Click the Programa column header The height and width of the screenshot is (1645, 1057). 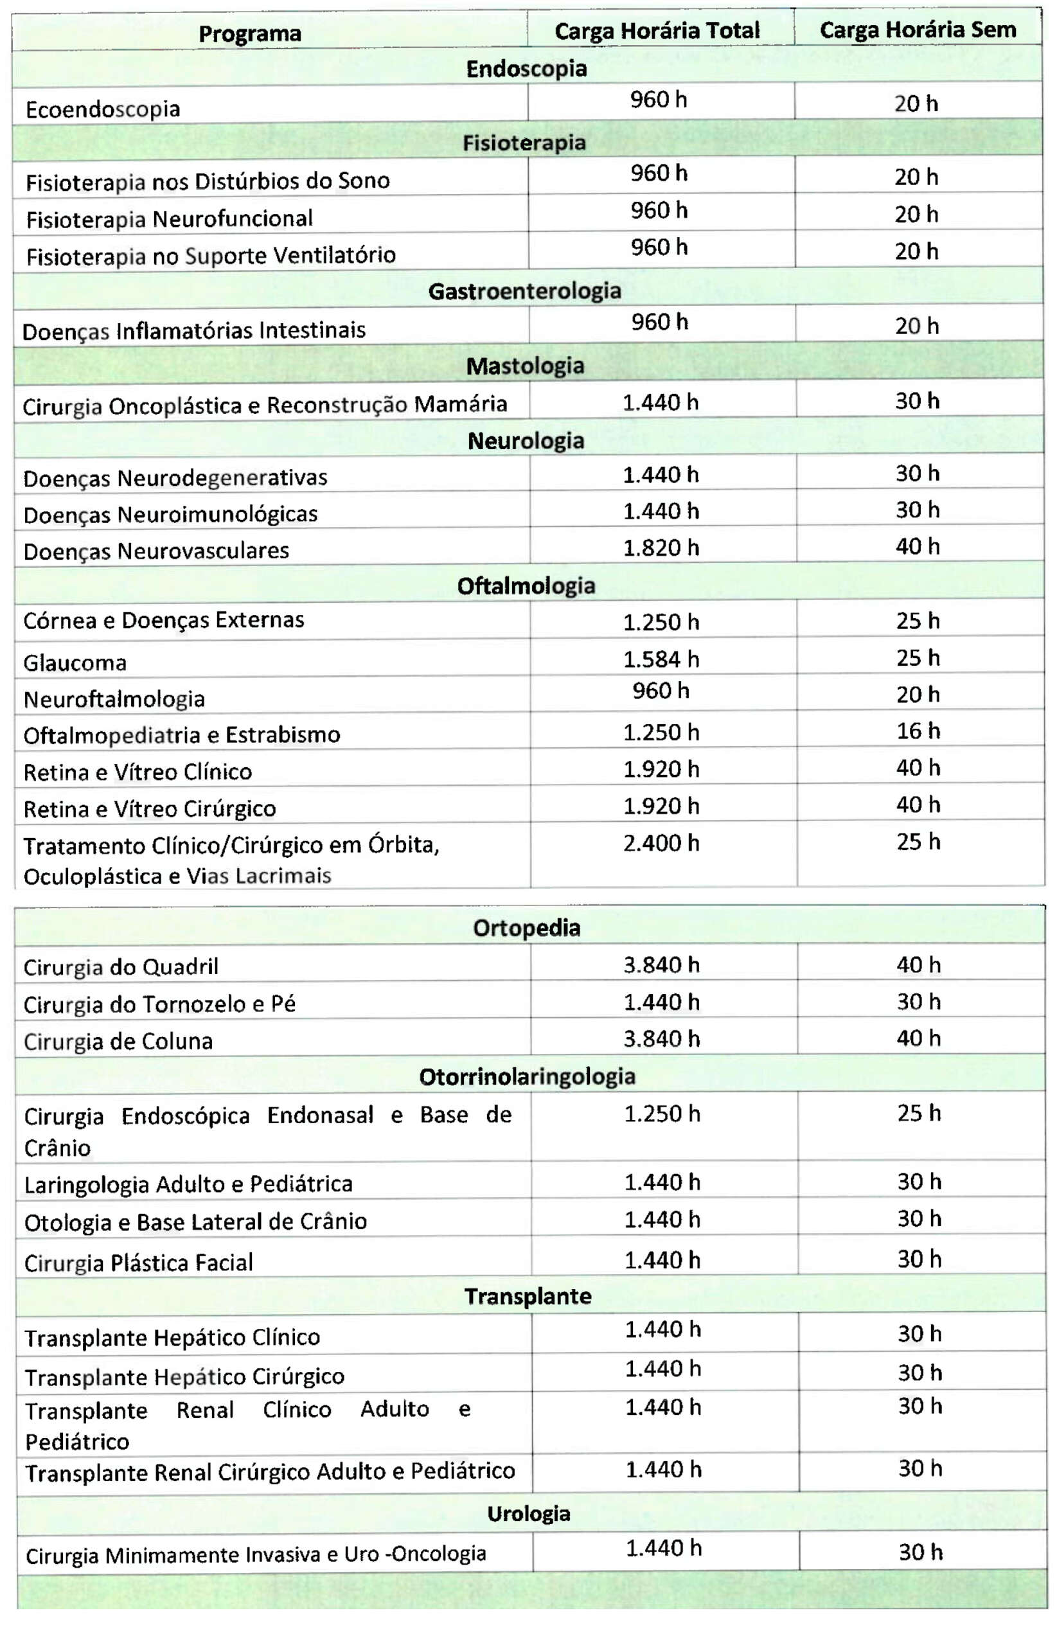pos(250,33)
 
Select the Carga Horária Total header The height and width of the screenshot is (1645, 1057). pos(657,31)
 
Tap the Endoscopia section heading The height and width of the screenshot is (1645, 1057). pos(526,69)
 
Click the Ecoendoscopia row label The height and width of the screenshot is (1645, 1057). pos(103,109)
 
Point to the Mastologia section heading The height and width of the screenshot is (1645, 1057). pos(525,366)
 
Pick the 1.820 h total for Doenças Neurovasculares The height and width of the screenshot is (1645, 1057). pos(661,547)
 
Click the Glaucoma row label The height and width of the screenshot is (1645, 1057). pos(75,662)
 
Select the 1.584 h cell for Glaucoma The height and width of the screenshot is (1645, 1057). pos(661,659)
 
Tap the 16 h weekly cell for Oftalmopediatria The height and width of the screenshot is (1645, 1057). pos(918,731)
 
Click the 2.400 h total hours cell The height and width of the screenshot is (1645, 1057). pos(661,843)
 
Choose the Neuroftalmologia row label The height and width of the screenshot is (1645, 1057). pos(114,698)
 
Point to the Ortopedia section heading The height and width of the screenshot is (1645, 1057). pos(526,927)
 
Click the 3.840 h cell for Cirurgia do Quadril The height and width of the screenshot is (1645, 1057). pos(662,965)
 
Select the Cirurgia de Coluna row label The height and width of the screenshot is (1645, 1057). pos(118,1041)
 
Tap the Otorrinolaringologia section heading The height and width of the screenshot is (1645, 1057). pos(527,1076)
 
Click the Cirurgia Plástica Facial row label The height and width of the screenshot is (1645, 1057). pos(139,1263)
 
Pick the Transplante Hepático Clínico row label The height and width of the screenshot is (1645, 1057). pos(172,1337)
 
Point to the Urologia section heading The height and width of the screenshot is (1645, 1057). pos(528,1513)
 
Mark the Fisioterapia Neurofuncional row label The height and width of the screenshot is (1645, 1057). pos(170,219)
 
